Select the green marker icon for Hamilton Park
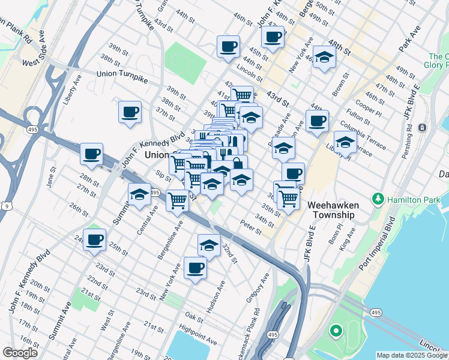(378, 198)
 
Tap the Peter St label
(251, 227)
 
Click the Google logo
(20, 353)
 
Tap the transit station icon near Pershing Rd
(423, 127)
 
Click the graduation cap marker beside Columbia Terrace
(345, 143)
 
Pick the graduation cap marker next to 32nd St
(208, 245)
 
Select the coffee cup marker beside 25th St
(94, 240)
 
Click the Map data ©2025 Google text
(412, 355)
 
